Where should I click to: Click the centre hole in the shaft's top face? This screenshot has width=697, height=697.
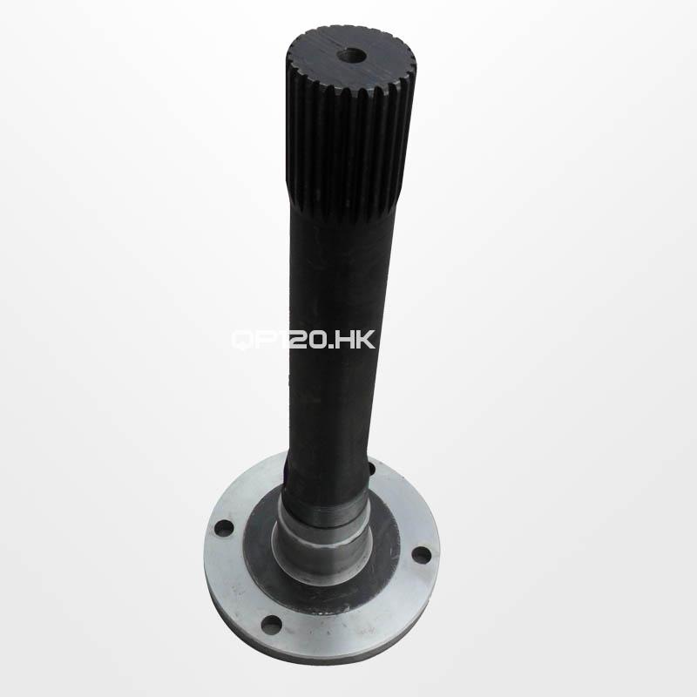tap(351, 57)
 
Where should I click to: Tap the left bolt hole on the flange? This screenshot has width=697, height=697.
tap(224, 529)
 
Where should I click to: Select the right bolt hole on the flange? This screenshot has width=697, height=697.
tap(421, 554)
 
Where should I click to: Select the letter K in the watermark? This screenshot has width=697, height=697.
tap(365, 339)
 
